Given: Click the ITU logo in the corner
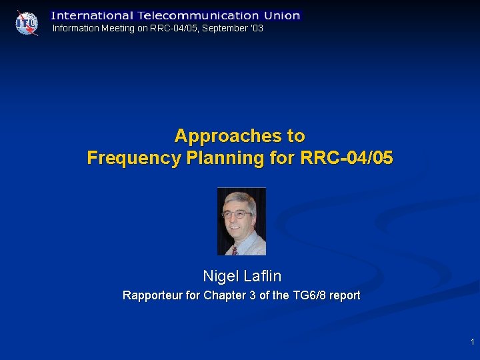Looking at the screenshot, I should pos(27,22).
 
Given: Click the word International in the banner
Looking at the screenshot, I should pos(92,15).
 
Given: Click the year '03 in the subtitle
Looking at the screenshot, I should pos(257,28).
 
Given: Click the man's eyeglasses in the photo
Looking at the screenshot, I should pos(237,215).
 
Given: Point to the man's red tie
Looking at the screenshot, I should pos(235,251).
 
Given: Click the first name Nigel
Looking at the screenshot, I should pos(219,275).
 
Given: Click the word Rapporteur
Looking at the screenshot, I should pos(153,295).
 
